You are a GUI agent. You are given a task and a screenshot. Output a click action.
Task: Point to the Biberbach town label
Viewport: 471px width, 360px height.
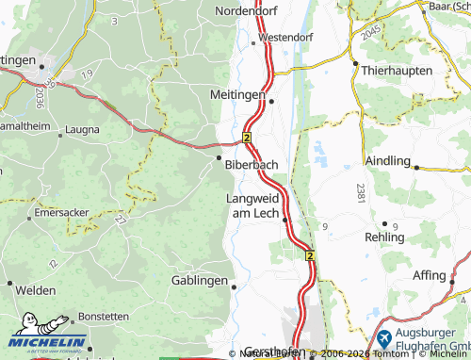[252, 164]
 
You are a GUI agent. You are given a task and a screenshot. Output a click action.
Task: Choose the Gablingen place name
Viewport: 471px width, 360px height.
[200, 280]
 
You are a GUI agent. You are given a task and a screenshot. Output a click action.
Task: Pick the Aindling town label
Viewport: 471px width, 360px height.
[387, 161]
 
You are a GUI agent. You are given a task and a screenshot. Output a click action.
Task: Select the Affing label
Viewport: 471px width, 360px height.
[429, 275]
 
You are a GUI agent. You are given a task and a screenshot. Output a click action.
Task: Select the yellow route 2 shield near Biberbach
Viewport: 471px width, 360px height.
[247, 138]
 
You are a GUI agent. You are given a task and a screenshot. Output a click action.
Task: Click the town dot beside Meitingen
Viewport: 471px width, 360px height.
[271, 101]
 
